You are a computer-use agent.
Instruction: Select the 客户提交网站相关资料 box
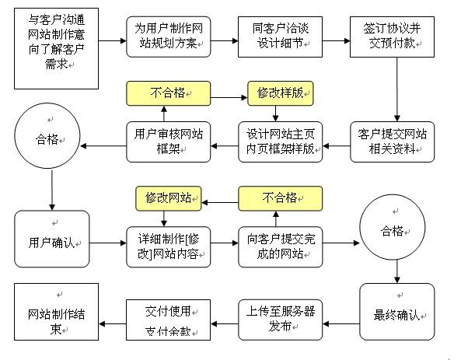click(x=388, y=142)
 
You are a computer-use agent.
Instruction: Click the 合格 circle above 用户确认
click(x=51, y=142)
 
